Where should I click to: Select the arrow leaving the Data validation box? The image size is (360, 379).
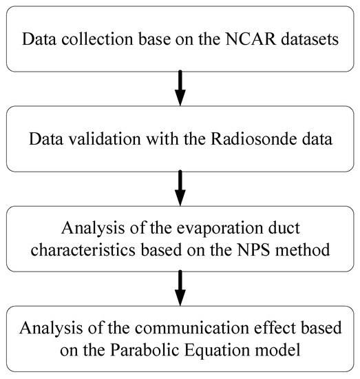(180, 187)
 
